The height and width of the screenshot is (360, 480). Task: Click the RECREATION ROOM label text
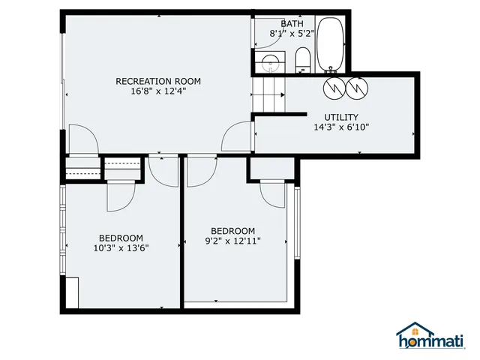(158, 81)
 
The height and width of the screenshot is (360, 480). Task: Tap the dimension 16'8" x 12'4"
(158, 91)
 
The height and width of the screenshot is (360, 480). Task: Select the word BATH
(292, 23)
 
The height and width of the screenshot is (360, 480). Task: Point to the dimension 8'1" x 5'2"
(292, 34)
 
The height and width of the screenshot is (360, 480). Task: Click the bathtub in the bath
(330, 45)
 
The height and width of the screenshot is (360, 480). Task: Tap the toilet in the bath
(302, 61)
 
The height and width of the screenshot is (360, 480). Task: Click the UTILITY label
(340, 117)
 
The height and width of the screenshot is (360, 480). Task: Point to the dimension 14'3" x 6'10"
(340, 127)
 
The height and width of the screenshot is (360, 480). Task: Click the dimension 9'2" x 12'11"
(232, 241)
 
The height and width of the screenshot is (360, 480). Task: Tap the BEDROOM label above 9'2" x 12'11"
(232, 231)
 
